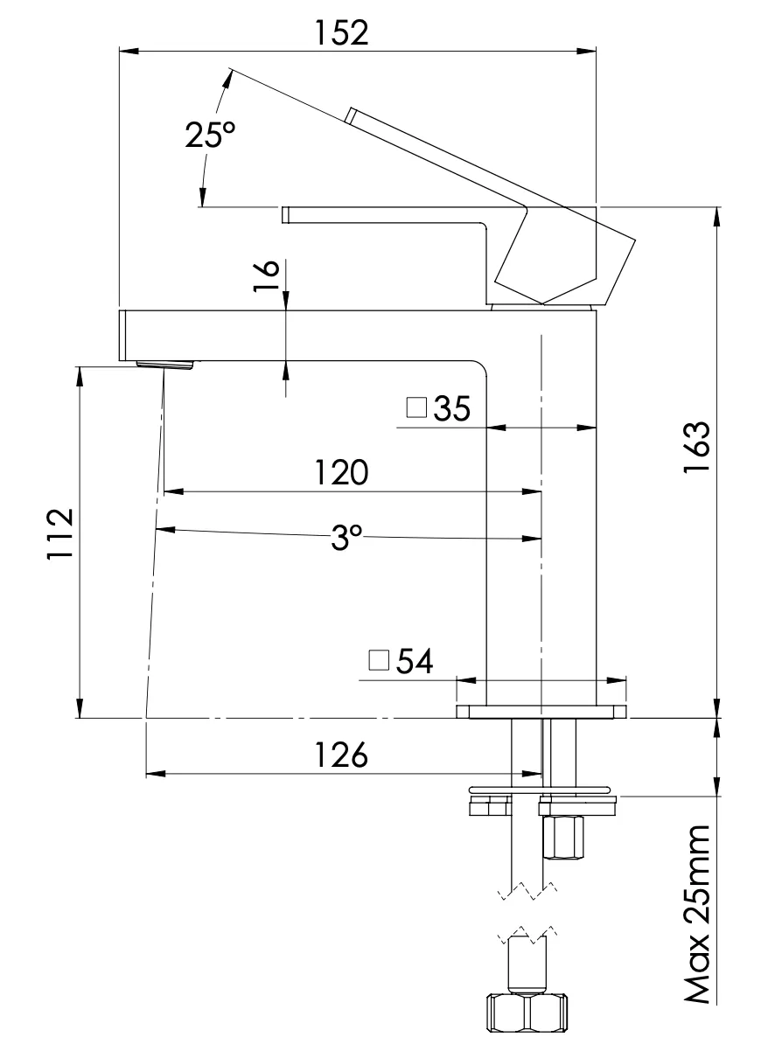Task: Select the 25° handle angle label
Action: click(x=210, y=136)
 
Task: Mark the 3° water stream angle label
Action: click(x=346, y=538)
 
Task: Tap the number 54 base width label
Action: click(x=415, y=661)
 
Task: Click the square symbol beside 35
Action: click(x=416, y=407)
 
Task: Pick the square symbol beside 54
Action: click(x=379, y=660)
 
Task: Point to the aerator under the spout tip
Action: click(x=165, y=364)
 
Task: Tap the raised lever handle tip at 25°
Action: click(x=350, y=115)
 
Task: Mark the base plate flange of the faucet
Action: click(x=541, y=712)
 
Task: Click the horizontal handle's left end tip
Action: click(x=285, y=214)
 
